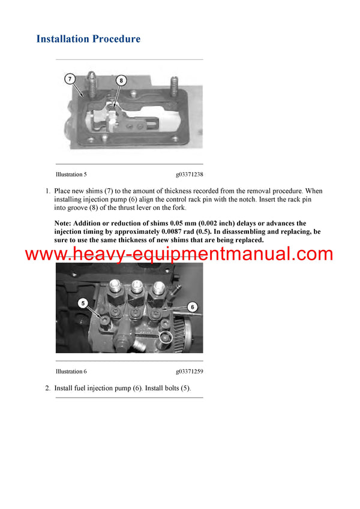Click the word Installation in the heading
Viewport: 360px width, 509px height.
(62, 39)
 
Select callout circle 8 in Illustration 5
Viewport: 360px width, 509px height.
(121, 80)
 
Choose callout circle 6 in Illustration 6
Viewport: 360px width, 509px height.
(192, 306)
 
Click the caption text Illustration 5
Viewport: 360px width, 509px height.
(71, 174)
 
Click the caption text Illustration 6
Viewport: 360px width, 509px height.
(71, 371)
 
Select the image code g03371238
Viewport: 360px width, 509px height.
(189, 174)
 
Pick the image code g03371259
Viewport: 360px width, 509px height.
(189, 371)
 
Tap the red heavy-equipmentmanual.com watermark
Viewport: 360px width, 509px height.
(179, 254)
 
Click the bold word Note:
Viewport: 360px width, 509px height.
(64, 223)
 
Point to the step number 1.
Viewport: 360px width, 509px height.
(47, 191)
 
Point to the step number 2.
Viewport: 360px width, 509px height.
(47, 388)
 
